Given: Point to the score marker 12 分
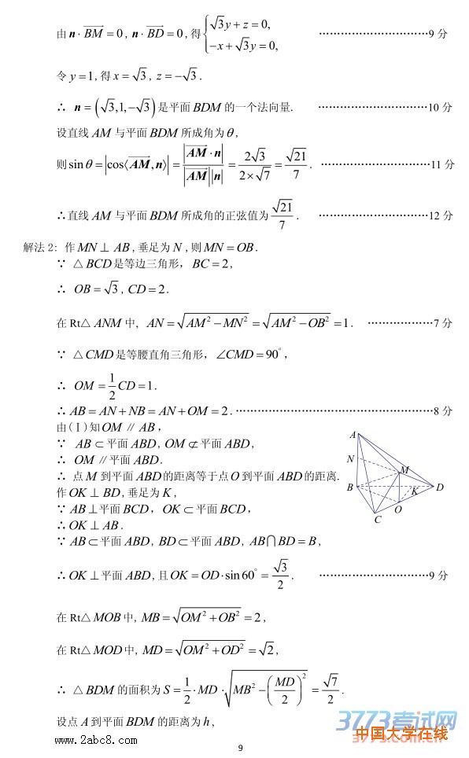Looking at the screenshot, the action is point(442,215).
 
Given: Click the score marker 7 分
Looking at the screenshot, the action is point(442,322).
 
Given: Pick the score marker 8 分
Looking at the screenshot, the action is point(442,410).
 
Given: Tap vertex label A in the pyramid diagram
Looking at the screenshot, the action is point(353,434).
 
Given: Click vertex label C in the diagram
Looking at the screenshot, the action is point(378,519).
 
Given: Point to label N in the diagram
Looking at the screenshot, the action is point(350,459).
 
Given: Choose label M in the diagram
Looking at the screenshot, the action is point(404,470).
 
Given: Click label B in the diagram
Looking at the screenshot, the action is point(350,488).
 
